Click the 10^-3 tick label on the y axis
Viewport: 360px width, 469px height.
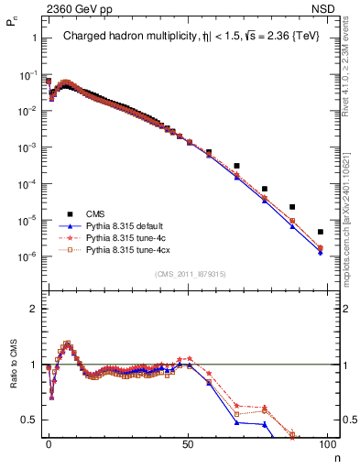pos(27,147)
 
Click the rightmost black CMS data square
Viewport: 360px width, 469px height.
pos(320,232)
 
